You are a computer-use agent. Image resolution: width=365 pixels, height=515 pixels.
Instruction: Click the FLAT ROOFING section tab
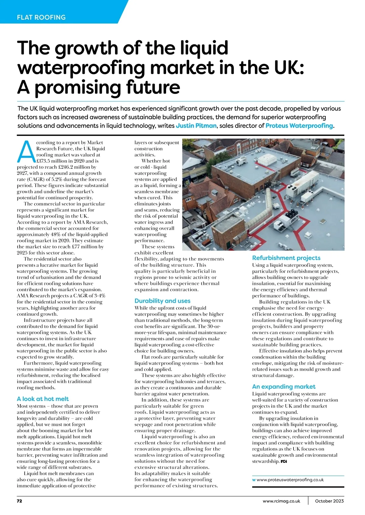click(x=41, y=17)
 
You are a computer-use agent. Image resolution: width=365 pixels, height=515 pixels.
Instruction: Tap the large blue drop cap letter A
click(x=26, y=151)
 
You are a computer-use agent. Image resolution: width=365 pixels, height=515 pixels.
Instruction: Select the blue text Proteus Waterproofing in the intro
click(x=299, y=126)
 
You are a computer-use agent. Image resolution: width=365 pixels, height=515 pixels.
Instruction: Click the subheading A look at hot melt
click(x=43, y=399)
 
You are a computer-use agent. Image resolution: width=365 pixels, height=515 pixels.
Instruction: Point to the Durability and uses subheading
click(x=162, y=301)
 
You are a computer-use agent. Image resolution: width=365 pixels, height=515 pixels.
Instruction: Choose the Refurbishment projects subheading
click(x=286, y=258)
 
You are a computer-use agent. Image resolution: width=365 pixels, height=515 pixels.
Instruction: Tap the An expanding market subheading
click(x=284, y=386)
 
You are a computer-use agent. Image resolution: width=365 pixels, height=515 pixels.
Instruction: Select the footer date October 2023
click(x=329, y=501)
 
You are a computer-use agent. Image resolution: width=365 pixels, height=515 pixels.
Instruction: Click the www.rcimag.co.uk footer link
click(x=281, y=501)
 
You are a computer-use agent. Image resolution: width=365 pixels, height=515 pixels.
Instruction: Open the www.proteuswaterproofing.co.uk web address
click(x=290, y=480)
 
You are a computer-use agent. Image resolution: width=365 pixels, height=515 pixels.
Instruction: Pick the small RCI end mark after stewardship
click(x=283, y=461)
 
